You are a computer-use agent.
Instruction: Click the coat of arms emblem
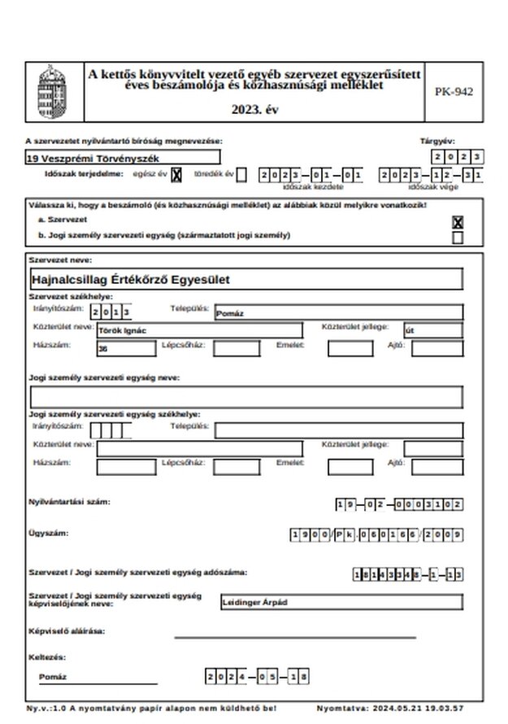point(54,91)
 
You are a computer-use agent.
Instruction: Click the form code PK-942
point(453,91)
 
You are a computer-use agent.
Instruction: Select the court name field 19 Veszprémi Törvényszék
point(122,157)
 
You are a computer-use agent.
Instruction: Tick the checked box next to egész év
point(176,174)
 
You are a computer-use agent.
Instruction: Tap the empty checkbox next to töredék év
point(241,174)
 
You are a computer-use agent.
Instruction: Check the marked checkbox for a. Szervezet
point(458,222)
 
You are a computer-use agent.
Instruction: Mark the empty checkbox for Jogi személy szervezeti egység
point(458,238)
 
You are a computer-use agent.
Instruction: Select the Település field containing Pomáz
point(337,312)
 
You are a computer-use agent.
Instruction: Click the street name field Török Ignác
point(198,330)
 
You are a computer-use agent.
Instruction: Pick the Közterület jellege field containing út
point(433,330)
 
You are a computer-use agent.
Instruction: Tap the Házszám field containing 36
point(125,348)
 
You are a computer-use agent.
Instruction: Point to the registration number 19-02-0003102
point(399,504)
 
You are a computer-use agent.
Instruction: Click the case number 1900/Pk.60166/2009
point(376,534)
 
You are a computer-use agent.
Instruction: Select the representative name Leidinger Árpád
point(341,603)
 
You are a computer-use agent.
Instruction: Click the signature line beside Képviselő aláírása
point(294,635)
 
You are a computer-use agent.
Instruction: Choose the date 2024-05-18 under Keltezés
point(258,677)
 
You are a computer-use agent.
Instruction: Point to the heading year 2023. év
point(254,110)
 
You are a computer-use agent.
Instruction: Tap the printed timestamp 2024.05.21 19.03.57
point(425,709)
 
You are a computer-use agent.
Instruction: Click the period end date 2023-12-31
point(432,175)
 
